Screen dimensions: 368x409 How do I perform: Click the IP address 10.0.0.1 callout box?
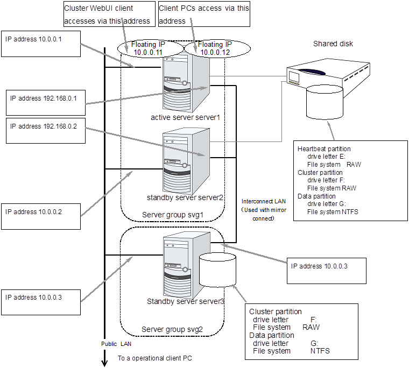point(41,44)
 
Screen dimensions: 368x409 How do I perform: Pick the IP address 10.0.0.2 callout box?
point(41,216)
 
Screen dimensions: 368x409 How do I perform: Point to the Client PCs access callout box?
point(204,15)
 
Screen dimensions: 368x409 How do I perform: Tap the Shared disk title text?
point(333,44)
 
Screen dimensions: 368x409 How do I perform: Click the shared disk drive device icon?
point(328,75)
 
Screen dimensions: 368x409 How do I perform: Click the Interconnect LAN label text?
point(263,201)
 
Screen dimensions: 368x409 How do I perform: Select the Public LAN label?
point(116,344)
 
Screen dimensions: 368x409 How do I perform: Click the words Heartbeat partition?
point(324,148)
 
